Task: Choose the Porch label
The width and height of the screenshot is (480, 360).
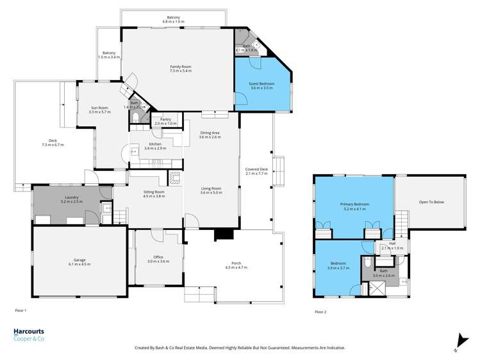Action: pos(236,265)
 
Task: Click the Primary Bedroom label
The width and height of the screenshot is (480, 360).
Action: pos(354,207)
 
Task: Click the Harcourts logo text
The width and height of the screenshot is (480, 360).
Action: pos(29,331)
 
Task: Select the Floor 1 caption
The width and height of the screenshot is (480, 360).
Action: pos(21,310)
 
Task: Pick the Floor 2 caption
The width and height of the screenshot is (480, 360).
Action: pos(320,311)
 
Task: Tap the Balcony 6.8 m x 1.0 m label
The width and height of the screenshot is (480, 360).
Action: pos(173,19)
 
